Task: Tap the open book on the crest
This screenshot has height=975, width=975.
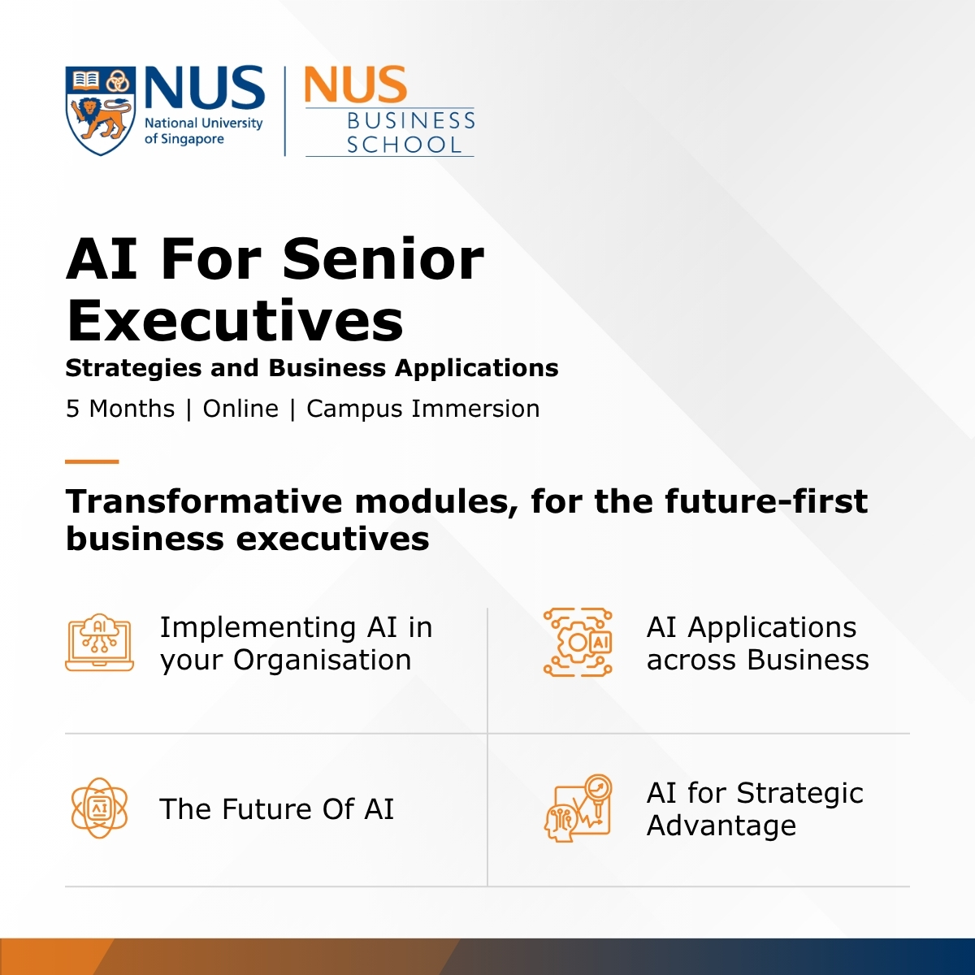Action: pos(85,80)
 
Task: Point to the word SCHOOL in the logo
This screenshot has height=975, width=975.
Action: pos(405,145)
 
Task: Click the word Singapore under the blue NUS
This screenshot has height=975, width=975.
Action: pos(193,139)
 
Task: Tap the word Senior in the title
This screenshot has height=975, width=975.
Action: pos(383,259)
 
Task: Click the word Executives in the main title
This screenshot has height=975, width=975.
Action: pos(235,321)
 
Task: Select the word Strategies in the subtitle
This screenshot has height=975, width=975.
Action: pos(133,369)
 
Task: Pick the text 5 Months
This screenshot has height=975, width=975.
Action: pos(120,409)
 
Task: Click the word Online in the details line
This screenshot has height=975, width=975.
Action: pos(240,409)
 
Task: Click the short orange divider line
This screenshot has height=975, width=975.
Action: pos(92,461)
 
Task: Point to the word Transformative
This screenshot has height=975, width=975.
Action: pos(205,501)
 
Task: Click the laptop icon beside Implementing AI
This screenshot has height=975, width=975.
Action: pos(100,643)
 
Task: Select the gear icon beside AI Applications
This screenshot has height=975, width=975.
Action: pos(578,643)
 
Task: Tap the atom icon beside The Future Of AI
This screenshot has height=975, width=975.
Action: pos(100,808)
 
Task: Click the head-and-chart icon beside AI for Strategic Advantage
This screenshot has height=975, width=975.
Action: pos(578,808)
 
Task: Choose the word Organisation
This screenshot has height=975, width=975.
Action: pos(323,661)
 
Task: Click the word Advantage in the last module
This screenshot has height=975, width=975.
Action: pos(721,826)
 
